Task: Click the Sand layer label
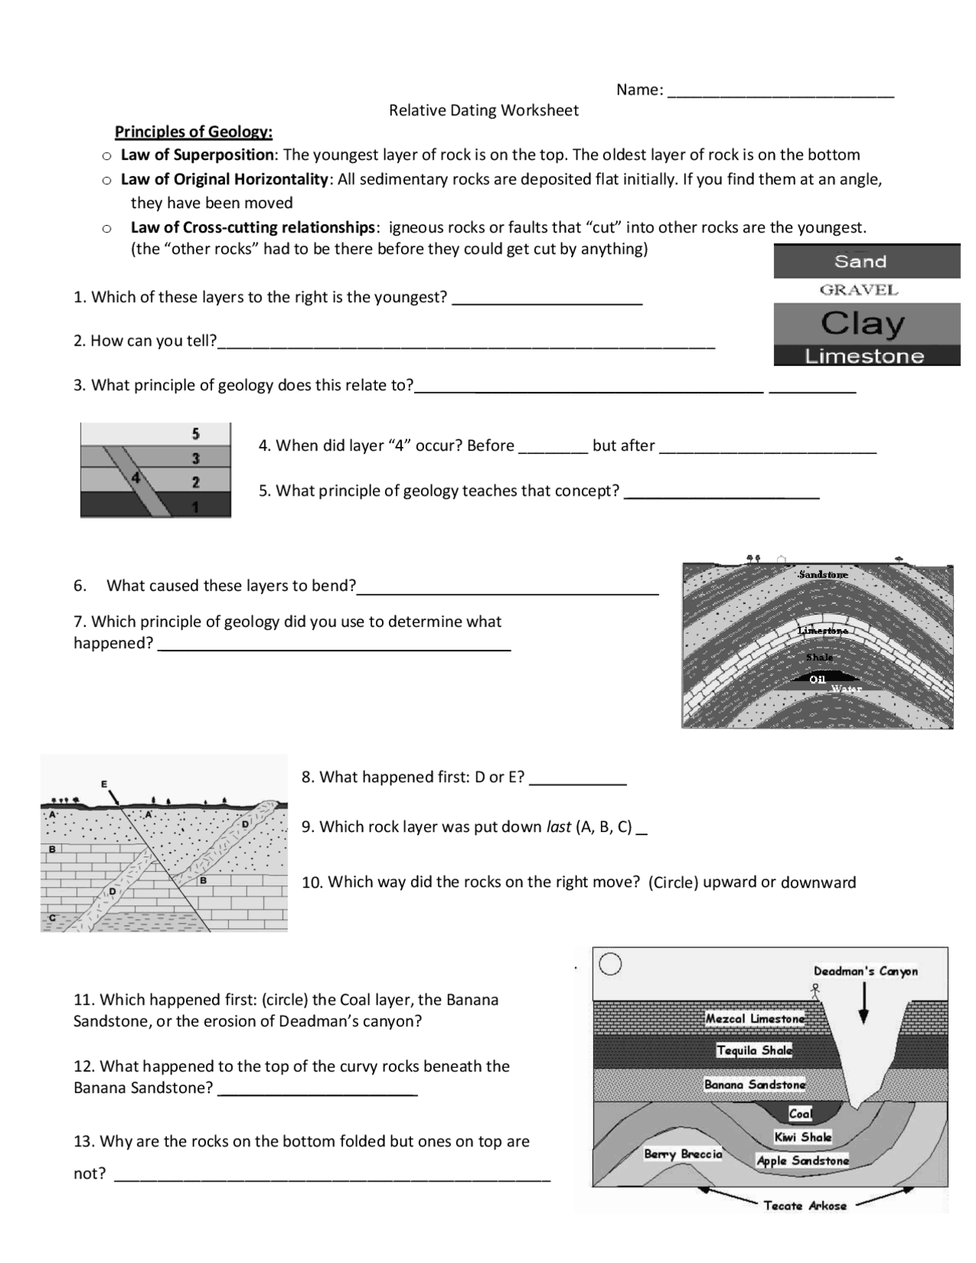(860, 262)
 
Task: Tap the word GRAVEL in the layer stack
(859, 290)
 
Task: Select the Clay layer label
(862, 323)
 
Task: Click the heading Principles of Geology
(193, 132)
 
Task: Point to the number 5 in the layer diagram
(196, 434)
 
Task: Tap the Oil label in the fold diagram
(817, 679)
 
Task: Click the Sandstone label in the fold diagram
(823, 574)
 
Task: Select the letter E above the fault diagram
(104, 783)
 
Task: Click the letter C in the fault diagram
(52, 918)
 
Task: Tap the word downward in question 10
(818, 882)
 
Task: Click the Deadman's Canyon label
(865, 971)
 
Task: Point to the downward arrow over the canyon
(863, 1004)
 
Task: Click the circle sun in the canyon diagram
(610, 965)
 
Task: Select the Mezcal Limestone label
(754, 1018)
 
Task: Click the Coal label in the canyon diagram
(800, 1114)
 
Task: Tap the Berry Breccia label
(682, 1154)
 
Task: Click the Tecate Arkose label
(804, 1206)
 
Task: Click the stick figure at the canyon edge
(815, 991)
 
